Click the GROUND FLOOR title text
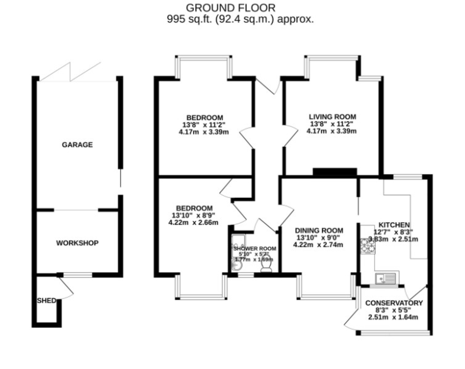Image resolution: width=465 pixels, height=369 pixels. coord(231,7)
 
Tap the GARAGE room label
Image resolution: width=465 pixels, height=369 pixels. coord(77,145)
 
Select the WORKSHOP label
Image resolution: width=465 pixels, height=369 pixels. coord(77,243)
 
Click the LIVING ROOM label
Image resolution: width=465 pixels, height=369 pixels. coord(332,117)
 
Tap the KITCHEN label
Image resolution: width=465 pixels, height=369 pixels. coord(394,225)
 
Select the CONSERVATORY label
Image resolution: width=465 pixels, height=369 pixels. coord(394,303)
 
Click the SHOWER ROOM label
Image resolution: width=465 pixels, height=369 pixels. coord(255,248)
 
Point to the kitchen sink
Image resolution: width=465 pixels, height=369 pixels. coord(385,277)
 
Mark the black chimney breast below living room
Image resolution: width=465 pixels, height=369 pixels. coord(334,172)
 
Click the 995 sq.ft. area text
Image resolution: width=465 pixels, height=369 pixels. coord(240,19)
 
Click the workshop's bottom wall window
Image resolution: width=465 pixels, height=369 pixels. coord(77,275)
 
